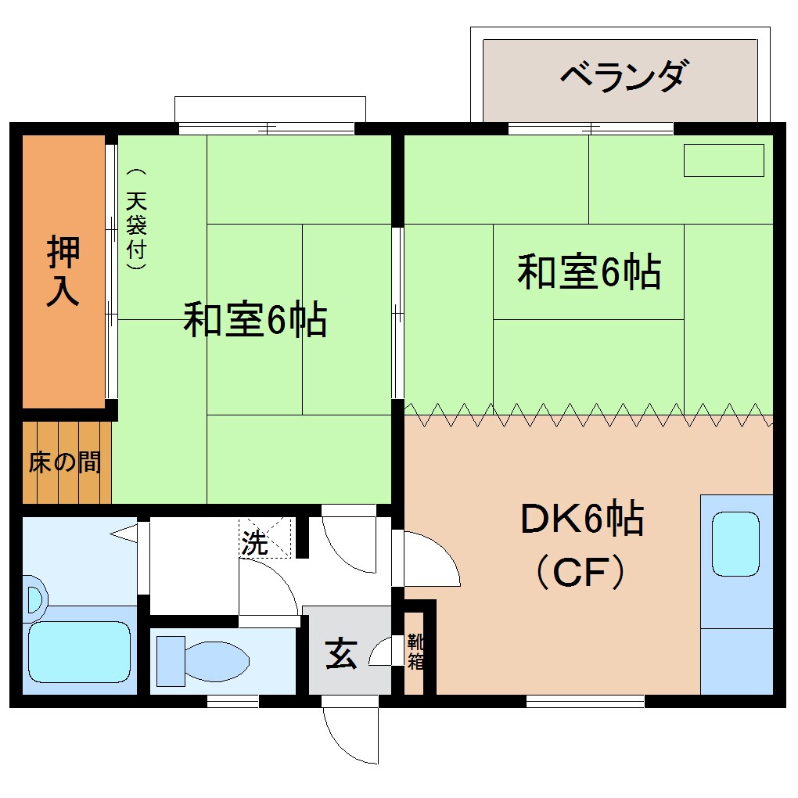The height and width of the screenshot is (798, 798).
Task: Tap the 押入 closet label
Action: [x=63, y=270]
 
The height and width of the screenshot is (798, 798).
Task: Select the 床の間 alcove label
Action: [x=64, y=462]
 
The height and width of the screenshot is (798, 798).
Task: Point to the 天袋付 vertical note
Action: [x=138, y=220]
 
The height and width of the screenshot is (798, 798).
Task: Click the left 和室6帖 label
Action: [x=255, y=319]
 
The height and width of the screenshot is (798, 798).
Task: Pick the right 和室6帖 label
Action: [x=589, y=272]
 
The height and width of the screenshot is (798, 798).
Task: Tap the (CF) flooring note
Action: [x=580, y=572]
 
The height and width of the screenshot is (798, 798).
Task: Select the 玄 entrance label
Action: [x=341, y=653]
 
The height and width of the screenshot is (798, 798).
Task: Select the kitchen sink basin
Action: [x=735, y=545]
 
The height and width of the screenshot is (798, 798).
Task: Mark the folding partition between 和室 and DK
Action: [x=587, y=415]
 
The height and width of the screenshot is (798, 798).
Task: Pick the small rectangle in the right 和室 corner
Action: [x=724, y=160]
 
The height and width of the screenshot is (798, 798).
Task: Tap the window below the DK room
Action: [x=585, y=701]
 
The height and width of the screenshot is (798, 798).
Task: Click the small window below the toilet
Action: [x=232, y=701]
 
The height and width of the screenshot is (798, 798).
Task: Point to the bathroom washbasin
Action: [x=34, y=599]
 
